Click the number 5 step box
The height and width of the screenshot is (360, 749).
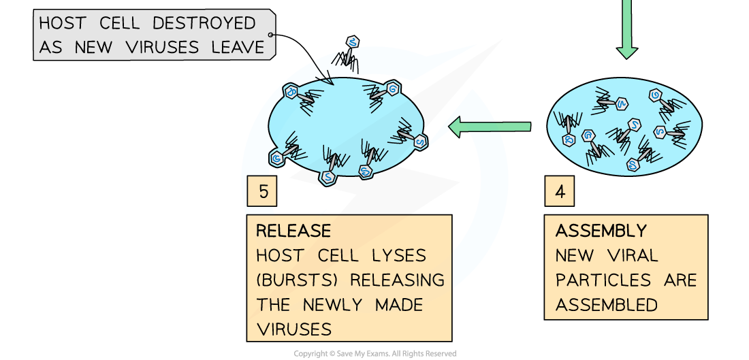pyautogui.click(x=263, y=192)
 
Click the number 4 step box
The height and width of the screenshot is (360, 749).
pyautogui.click(x=560, y=192)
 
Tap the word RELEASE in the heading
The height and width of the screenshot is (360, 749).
pyautogui.click(x=293, y=231)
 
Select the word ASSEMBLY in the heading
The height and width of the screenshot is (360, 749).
pyautogui.click(x=601, y=231)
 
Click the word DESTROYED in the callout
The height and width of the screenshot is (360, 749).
pyautogui.click(x=204, y=23)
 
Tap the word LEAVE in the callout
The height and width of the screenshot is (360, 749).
pyautogui.click(x=238, y=48)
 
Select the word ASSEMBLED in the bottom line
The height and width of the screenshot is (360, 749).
pyautogui.click(x=607, y=305)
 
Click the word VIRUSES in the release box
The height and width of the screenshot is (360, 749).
pyautogui.click(x=294, y=329)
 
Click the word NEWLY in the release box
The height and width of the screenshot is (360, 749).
pyautogui.click(x=340, y=305)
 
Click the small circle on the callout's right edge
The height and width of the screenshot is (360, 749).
pyautogui.click(x=272, y=35)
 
